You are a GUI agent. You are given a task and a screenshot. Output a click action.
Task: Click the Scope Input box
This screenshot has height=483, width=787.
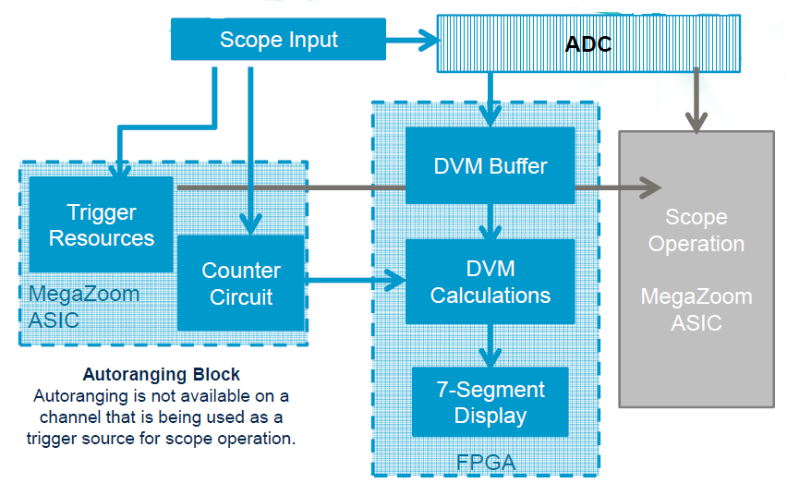[x=278, y=40]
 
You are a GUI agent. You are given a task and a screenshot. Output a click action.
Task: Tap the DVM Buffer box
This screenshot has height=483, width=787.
[x=490, y=166]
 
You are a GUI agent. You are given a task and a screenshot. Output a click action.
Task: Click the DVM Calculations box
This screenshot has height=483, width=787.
[x=490, y=282]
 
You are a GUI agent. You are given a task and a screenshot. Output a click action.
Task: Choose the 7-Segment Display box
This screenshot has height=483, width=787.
[x=490, y=402]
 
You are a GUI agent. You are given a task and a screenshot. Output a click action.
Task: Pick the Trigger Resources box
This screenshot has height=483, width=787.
[x=101, y=224]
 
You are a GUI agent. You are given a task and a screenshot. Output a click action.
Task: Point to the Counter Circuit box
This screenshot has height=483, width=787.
[x=240, y=284]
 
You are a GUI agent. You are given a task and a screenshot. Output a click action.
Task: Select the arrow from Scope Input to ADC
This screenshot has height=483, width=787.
[x=411, y=40]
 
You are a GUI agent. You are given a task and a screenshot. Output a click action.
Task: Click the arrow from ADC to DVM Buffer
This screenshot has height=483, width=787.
[x=490, y=102]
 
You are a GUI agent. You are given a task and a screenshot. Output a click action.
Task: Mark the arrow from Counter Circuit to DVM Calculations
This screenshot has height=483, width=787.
[x=356, y=279]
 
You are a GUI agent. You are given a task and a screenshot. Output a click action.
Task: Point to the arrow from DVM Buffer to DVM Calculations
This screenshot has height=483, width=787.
[x=496, y=223]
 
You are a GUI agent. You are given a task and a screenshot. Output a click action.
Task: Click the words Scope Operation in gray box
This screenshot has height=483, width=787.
[x=696, y=231]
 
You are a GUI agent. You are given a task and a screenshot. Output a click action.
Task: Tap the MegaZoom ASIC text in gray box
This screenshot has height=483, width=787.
[x=696, y=310]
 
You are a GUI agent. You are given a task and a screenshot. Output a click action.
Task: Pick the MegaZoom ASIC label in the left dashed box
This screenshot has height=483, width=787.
[x=83, y=307]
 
